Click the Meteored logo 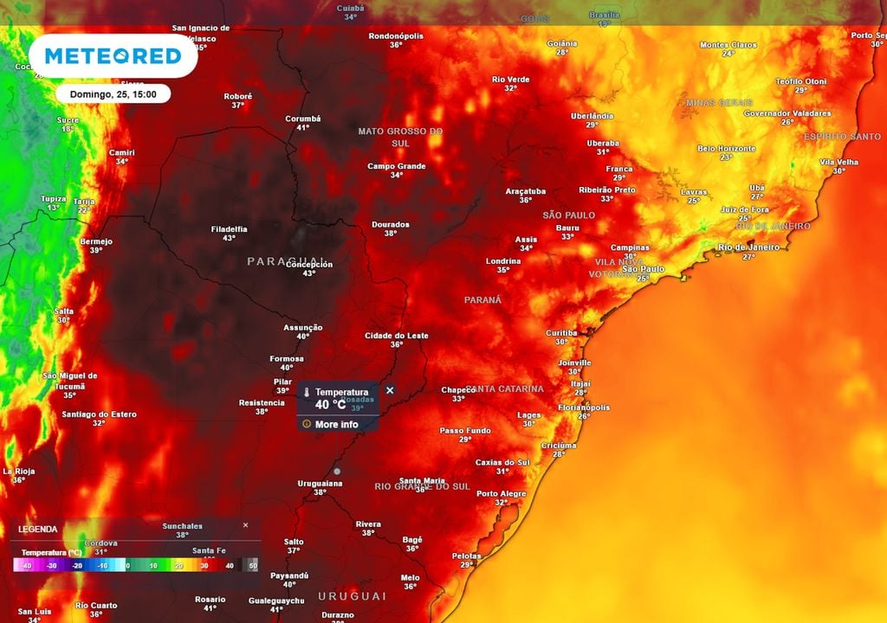tap(113, 56)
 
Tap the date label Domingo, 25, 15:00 tap(113, 94)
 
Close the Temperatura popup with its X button tap(390, 390)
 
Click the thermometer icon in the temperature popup tap(306, 393)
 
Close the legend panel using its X tap(245, 525)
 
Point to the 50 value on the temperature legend tap(253, 565)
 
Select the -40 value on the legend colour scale tap(27, 565)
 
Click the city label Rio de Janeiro tap(748, 247)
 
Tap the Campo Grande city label tap(397, 166)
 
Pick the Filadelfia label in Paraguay tap(229, 229)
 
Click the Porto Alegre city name tap(501, 494)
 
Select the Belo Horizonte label tap(726, 149)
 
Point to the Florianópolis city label tap(584, 408)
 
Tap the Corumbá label tap(303, 119)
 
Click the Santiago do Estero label tap(99, 414)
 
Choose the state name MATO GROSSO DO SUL tap(400, 136)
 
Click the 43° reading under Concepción tap(308, 273)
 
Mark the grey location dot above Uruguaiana tap(337, 471)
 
